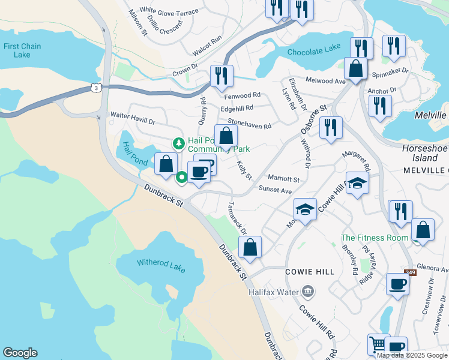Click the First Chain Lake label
[x=22, y=50]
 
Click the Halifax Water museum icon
[x=308, y=292]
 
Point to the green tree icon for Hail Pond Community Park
[x=178, y=143]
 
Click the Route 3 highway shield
[x=96, y=88]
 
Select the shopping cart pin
[x=378, y=344]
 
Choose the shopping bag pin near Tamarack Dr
[x=250, y=246]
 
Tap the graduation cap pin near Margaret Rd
[x=357, y=183]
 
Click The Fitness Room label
[x=375, y=238]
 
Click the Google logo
[x=20, y=353]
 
